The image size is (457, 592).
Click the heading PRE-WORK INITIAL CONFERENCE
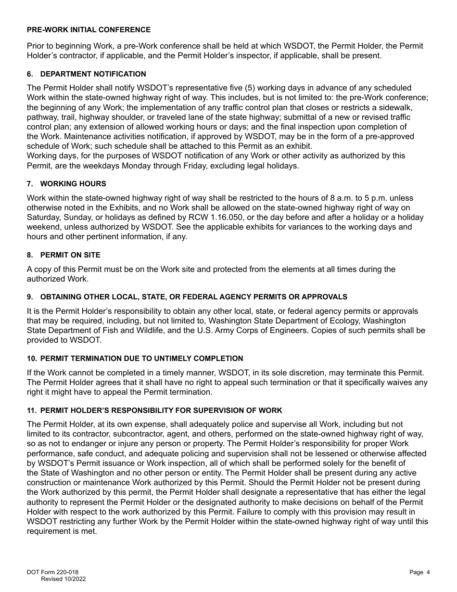[x=89, y=30]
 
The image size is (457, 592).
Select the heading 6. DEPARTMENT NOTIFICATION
[x=87, y=74]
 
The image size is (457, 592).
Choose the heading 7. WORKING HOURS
[x=66, y=184]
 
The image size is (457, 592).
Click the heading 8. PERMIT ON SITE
[x=63, y=255]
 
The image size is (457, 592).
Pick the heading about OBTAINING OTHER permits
[x=187, y=296]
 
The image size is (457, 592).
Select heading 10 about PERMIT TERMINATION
[x=135, y=359]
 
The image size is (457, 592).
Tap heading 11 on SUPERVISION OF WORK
[x=154, y=411]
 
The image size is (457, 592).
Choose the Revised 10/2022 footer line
[x=63, y=579]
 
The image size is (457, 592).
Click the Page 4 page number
[x=419, y=572]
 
